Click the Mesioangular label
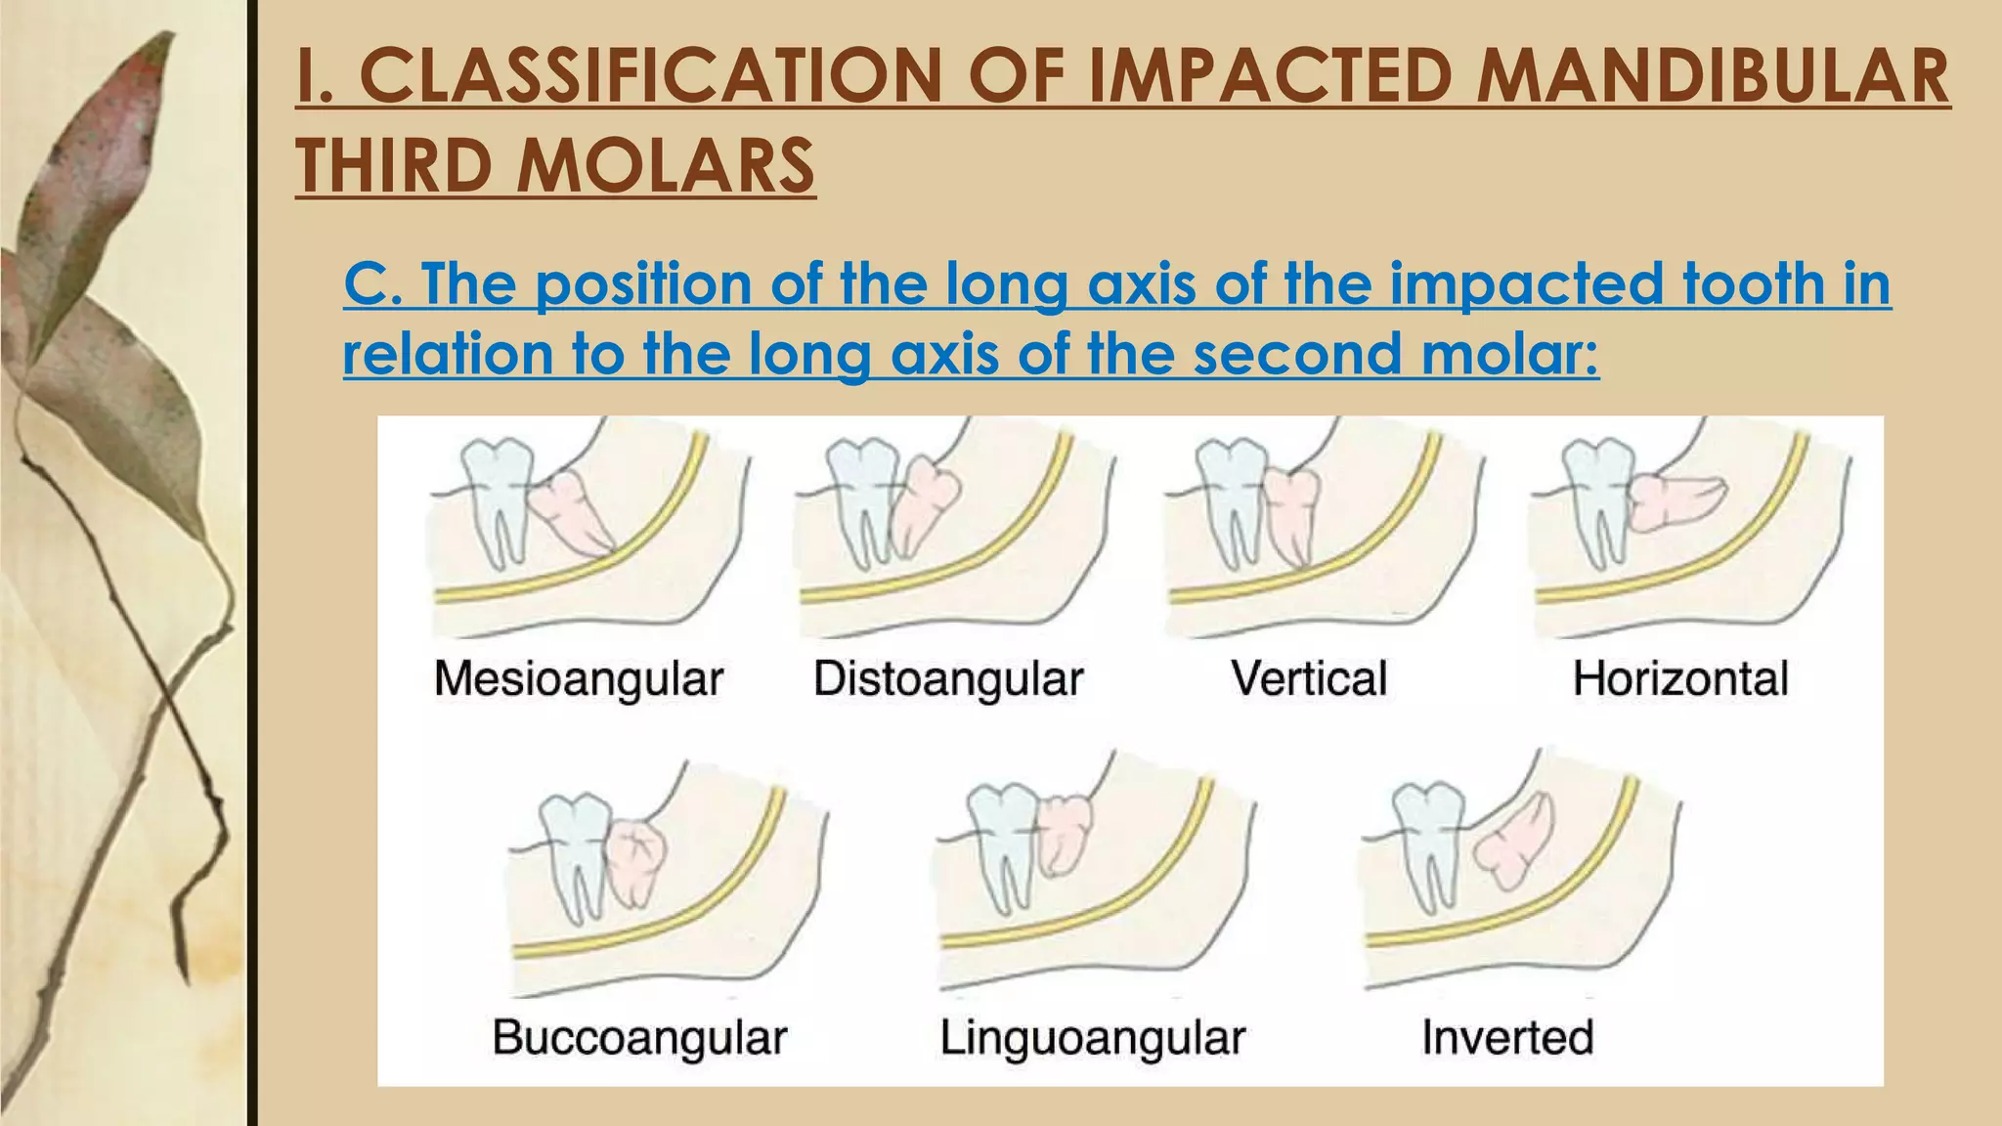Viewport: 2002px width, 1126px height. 579,678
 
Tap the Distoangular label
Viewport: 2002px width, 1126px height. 948,678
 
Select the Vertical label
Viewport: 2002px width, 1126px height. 1309,678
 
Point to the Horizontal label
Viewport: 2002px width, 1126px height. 1680,678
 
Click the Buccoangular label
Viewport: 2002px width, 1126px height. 639,1037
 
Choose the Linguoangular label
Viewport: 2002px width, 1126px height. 1092,1037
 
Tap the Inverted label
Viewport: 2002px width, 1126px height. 1507,1037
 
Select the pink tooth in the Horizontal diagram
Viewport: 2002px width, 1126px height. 1672,500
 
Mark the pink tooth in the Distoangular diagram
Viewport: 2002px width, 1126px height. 924,503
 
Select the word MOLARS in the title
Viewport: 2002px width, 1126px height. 665,164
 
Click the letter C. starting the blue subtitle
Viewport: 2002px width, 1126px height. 370,283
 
